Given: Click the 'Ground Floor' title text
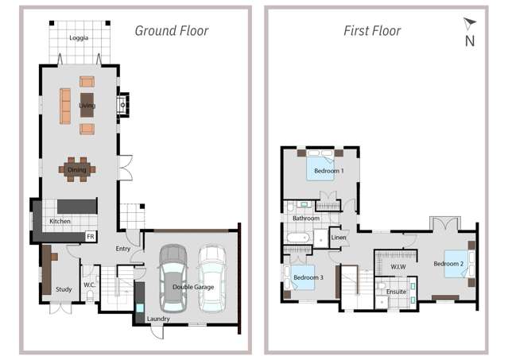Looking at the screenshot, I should [171, 31].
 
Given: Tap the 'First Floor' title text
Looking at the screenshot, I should [372, 31].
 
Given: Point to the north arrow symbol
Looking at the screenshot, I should [469, 25].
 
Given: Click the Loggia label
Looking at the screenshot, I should [79, 37].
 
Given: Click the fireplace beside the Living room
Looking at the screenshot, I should [122, 105].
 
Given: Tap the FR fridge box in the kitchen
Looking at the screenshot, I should [91, 236].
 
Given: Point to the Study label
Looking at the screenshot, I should [64, 289].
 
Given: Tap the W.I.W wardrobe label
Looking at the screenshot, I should [397, 266].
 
